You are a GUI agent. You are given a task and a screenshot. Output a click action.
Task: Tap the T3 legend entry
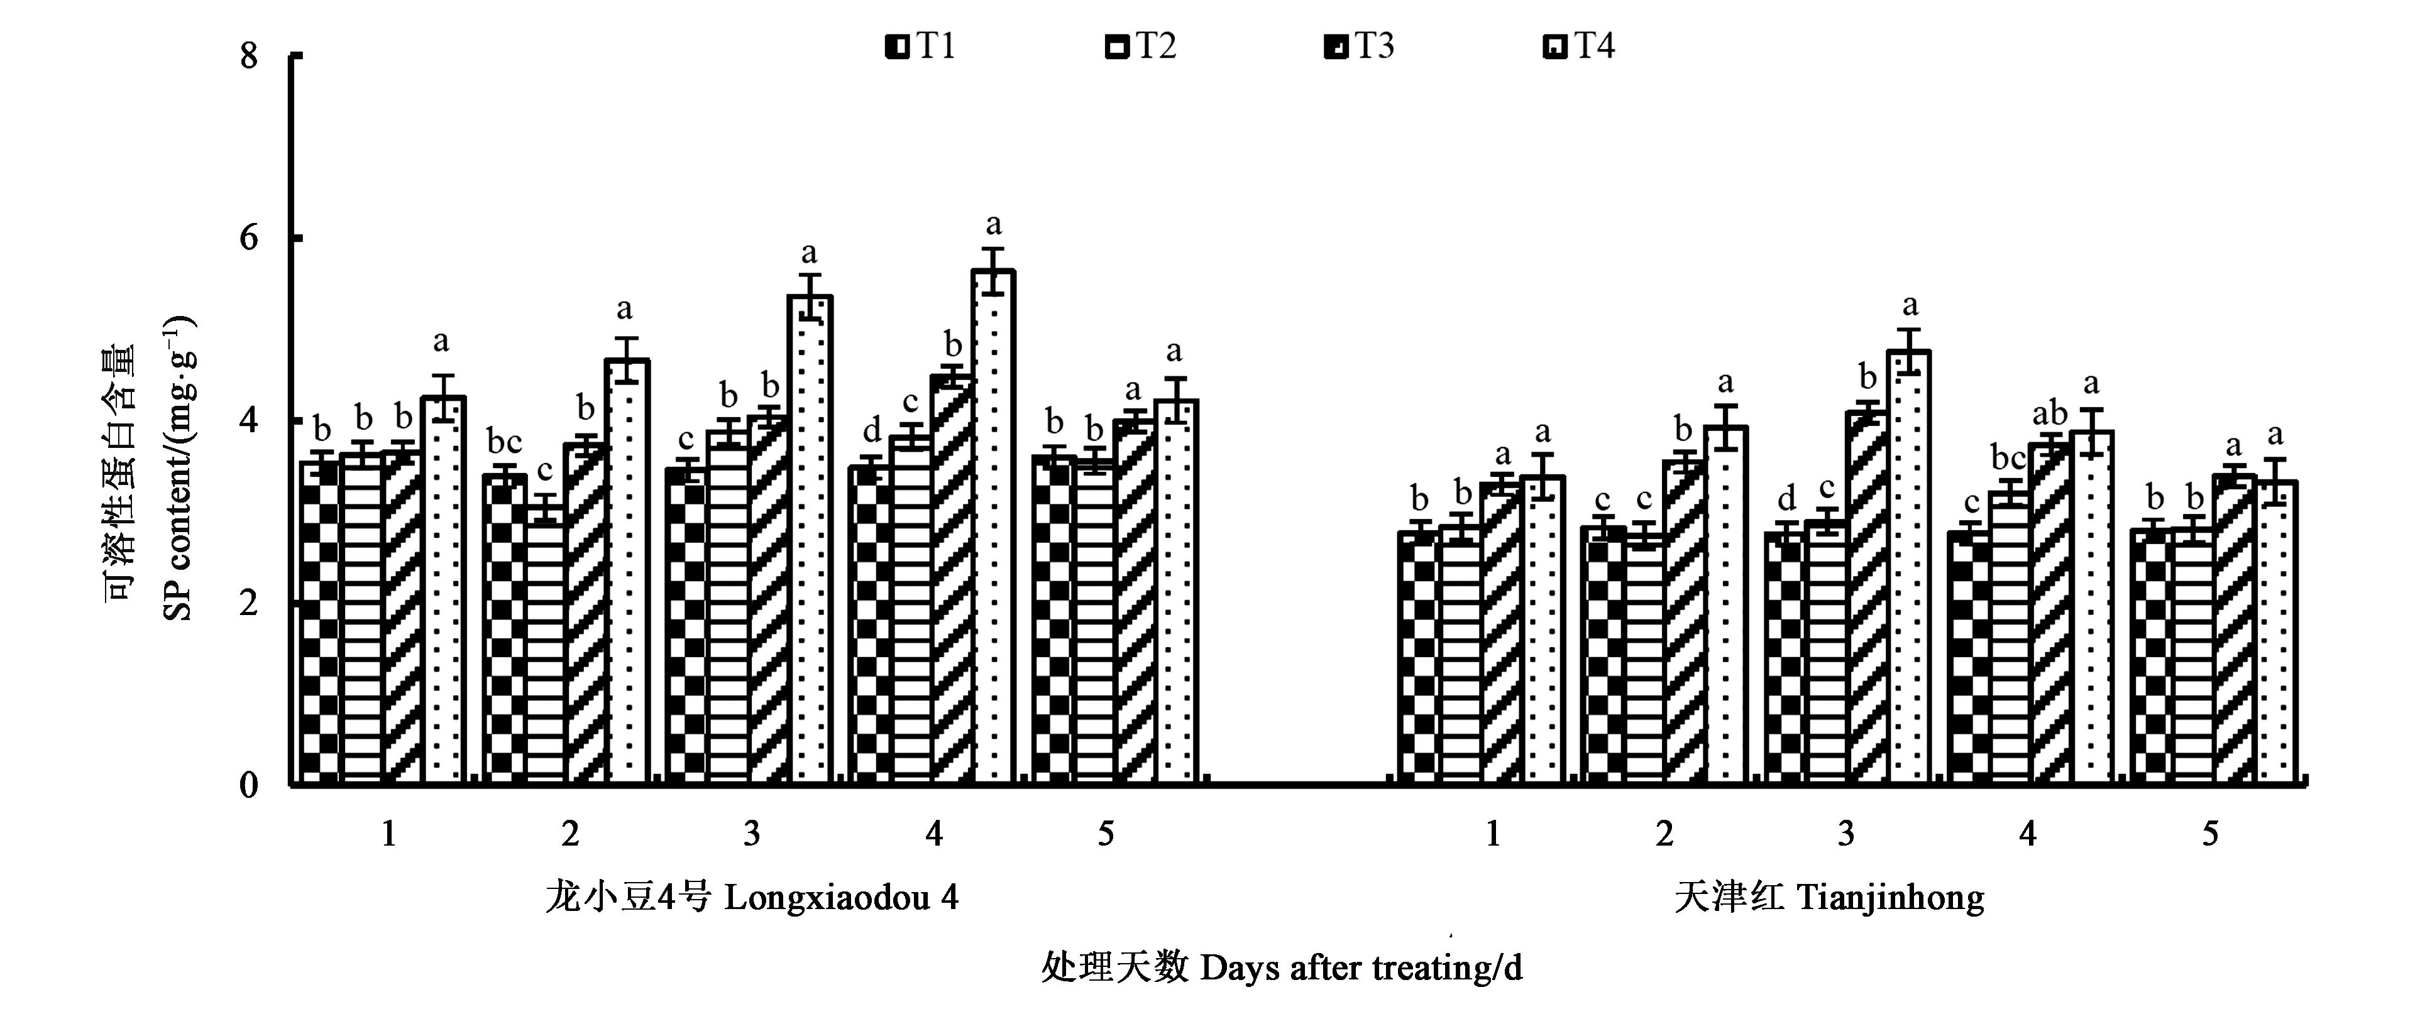[x=1360, y=46]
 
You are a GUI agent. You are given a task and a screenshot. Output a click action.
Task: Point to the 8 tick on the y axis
[x=249, y=57]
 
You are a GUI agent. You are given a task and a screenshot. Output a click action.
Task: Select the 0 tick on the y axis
[x=249, y=784]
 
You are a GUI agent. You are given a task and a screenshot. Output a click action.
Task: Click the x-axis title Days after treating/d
[x=1282, y=967]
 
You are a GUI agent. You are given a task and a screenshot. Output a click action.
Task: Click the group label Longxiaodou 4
[x=752, y=898]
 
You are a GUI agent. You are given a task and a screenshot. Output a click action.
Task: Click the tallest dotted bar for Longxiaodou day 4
[x=993, y=526]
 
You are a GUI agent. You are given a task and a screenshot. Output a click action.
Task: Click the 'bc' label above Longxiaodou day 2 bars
[x=505, y=442]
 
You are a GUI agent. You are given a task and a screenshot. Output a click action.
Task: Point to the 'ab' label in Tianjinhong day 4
[x=2050, y=413]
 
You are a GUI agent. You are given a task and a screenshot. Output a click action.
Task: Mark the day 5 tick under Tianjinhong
[x=2211, y=833]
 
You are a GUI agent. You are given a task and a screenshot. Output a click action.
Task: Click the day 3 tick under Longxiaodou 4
[x=752, y=833]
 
